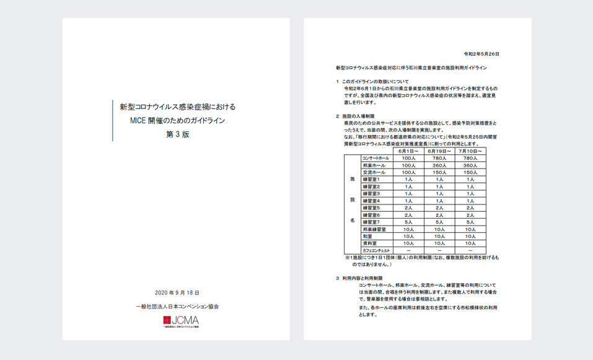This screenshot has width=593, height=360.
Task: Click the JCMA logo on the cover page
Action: point(181,321)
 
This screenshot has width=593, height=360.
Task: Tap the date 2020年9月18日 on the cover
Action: point(177,292)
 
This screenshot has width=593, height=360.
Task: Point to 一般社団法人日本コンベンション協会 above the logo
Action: point(177,306)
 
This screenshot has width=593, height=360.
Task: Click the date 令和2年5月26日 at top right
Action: point(481,54)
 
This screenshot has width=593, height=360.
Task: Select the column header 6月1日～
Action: point(408,151)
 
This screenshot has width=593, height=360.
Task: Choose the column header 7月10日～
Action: point(473,151)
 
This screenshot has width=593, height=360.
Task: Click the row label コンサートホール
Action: point(376,159)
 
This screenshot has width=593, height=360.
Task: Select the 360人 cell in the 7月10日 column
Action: point(473,165)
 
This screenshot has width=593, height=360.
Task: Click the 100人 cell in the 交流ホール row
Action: point(408,172)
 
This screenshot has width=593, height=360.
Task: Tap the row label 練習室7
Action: point(371,222)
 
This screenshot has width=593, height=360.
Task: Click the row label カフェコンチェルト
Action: point(376,250)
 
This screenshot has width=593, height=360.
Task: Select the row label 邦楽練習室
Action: point(374,229)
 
